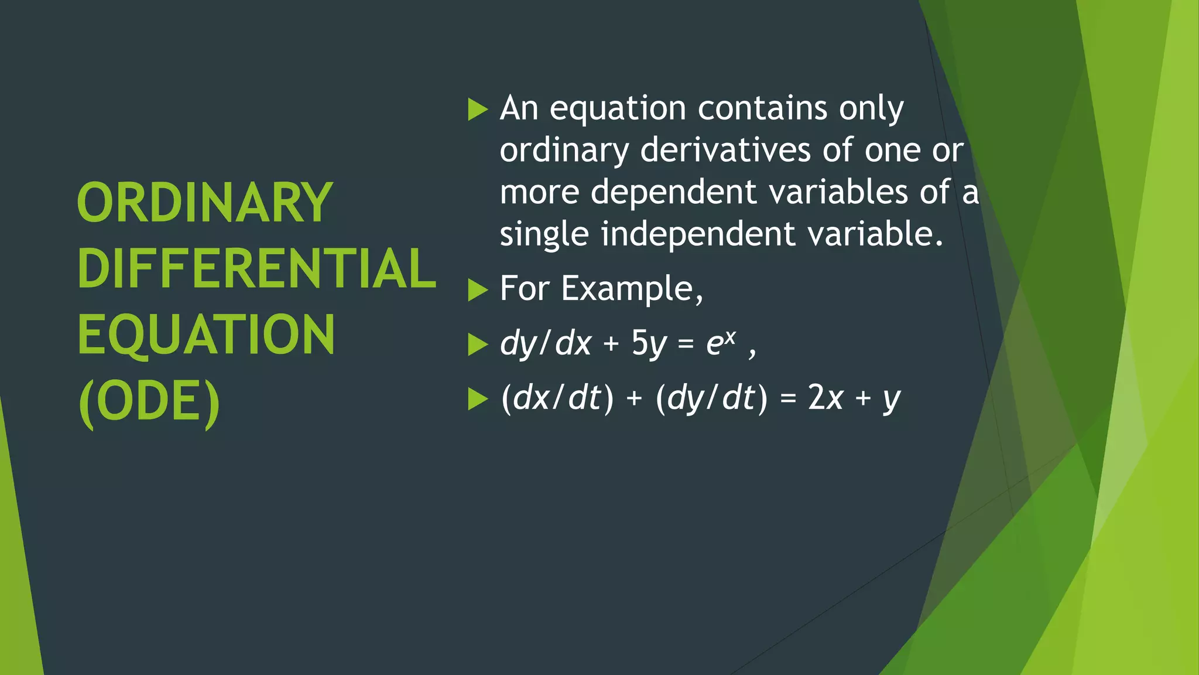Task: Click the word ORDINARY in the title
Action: tap(204, 203)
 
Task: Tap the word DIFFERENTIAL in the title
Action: tap(256, 269)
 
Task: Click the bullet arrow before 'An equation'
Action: tap(478, 110)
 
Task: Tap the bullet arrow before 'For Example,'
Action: tap(478, 290)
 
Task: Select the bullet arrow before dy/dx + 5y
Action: tap(478, 345)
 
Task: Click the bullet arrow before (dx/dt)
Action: tap(478, 400)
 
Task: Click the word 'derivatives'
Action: tap(725, 150)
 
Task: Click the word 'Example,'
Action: tap(632, 289)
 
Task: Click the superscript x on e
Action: tap(729, 336)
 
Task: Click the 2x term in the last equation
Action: tap(825, 398)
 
